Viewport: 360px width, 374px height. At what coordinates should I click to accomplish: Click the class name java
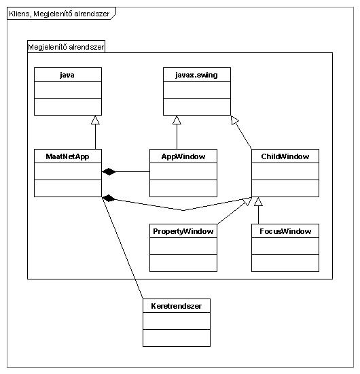67,75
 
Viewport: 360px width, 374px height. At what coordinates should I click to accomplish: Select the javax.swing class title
196,75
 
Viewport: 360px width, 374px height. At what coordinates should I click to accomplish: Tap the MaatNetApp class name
68,156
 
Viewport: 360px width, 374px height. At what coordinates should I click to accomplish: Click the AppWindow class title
183,156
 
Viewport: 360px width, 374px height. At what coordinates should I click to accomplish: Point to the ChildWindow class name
285,156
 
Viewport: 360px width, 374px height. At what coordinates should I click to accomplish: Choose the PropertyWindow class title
183,231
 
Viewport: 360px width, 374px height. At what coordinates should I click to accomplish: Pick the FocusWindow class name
285,231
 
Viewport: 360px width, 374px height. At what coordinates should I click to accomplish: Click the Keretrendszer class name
177,306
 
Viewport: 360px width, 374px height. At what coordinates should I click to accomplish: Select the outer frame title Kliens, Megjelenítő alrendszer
59,14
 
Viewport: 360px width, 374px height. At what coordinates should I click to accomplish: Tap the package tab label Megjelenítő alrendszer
66,47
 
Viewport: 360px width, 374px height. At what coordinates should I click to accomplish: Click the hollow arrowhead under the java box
95,120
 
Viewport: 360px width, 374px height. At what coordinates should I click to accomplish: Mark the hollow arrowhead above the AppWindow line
177,120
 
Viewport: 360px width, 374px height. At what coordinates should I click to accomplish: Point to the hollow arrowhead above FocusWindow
258,201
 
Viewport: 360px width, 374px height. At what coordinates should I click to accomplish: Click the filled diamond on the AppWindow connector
109,171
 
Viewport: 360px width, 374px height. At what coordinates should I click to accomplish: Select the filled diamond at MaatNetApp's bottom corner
109,198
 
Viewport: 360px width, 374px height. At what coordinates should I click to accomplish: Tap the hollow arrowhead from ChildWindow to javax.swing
234,120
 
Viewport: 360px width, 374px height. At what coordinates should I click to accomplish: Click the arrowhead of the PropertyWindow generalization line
247,201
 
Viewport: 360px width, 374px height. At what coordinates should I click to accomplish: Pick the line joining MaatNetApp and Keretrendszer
122,248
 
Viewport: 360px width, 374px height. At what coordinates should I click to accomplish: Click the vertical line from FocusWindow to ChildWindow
258,215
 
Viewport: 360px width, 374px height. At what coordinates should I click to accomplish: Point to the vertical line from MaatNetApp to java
95,137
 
